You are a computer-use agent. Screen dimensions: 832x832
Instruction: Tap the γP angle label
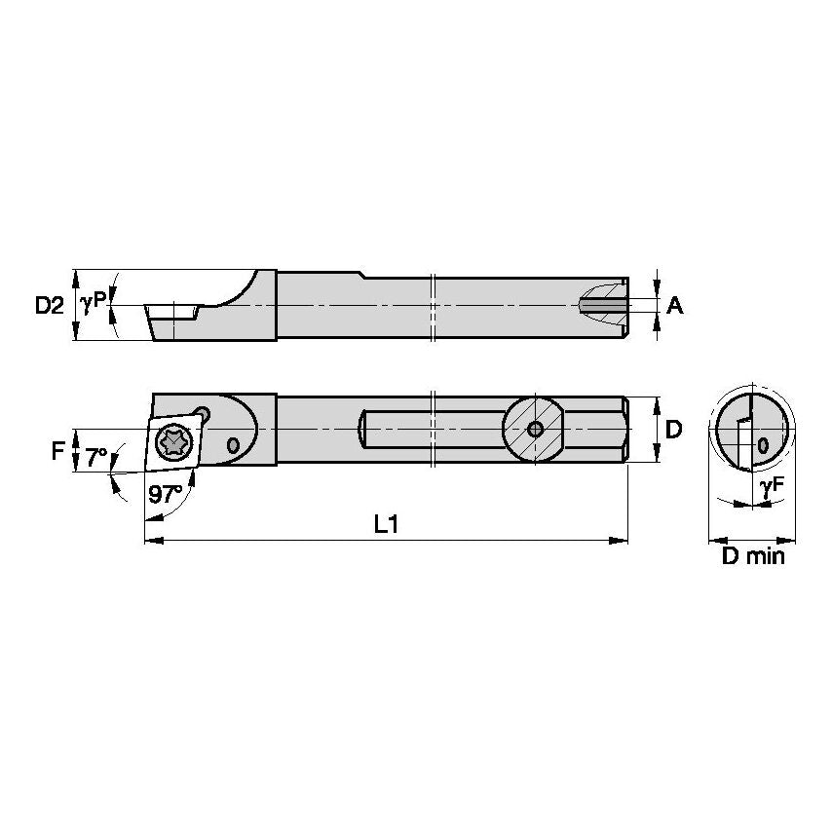click(94, 303)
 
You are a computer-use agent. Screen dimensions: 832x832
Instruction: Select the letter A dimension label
click(674, 306)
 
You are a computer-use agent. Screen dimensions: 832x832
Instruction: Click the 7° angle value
click(95, 456)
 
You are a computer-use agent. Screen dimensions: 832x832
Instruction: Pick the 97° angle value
click(167, 494)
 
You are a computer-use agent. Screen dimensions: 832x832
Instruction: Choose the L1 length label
click(387, 524)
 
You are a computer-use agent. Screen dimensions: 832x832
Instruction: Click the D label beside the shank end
click(672, 430)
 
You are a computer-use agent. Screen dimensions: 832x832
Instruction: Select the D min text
click(752, 557)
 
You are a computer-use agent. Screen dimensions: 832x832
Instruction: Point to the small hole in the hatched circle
click(534, 429)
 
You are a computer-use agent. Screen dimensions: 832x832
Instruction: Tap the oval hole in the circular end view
click(762, 445)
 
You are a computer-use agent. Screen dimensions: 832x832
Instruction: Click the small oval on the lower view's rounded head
click(232, 444)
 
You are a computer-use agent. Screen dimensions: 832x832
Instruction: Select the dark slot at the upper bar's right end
click(604, 306)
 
